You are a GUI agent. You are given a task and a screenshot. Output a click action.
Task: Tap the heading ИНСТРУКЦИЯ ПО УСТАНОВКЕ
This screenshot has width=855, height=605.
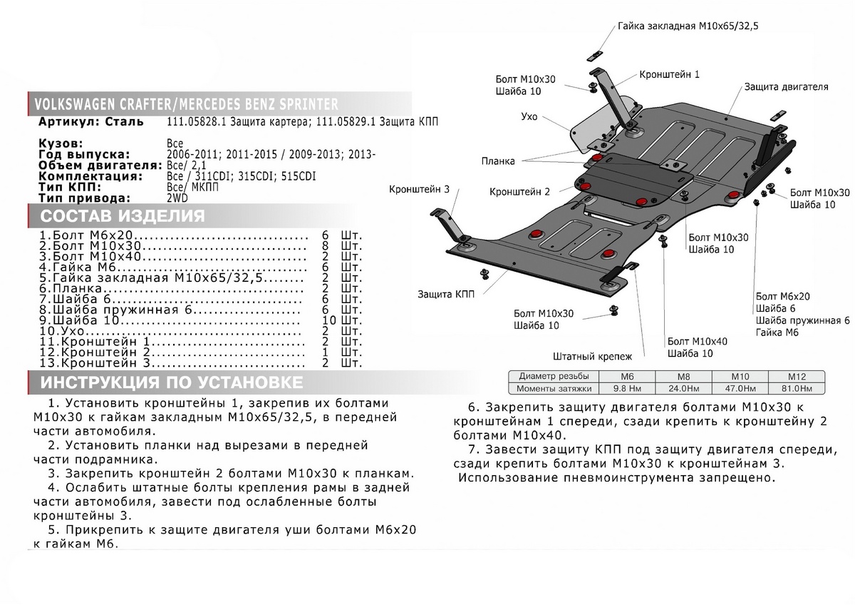click(x=171, y=382)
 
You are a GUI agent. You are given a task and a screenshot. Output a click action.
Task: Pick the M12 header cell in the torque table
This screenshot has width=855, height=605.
click(x=796, y=376)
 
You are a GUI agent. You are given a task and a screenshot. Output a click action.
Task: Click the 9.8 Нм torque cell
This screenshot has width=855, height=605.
click(x=628, y=388)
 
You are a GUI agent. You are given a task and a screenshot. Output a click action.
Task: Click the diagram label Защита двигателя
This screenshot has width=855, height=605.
click(x=786, y=86)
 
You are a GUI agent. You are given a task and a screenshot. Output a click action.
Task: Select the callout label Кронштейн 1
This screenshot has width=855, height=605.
click(x=669, y=73)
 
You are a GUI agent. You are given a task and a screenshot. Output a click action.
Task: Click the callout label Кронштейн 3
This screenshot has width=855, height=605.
click(x=419, y=189)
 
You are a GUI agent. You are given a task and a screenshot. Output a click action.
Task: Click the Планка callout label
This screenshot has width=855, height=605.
click(x=497, y=161)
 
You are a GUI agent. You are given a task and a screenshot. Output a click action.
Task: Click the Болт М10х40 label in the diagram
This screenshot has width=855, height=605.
click(x=697, y=342)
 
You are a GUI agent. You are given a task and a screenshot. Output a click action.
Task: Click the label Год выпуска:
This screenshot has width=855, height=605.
click(x=83, y=154)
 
